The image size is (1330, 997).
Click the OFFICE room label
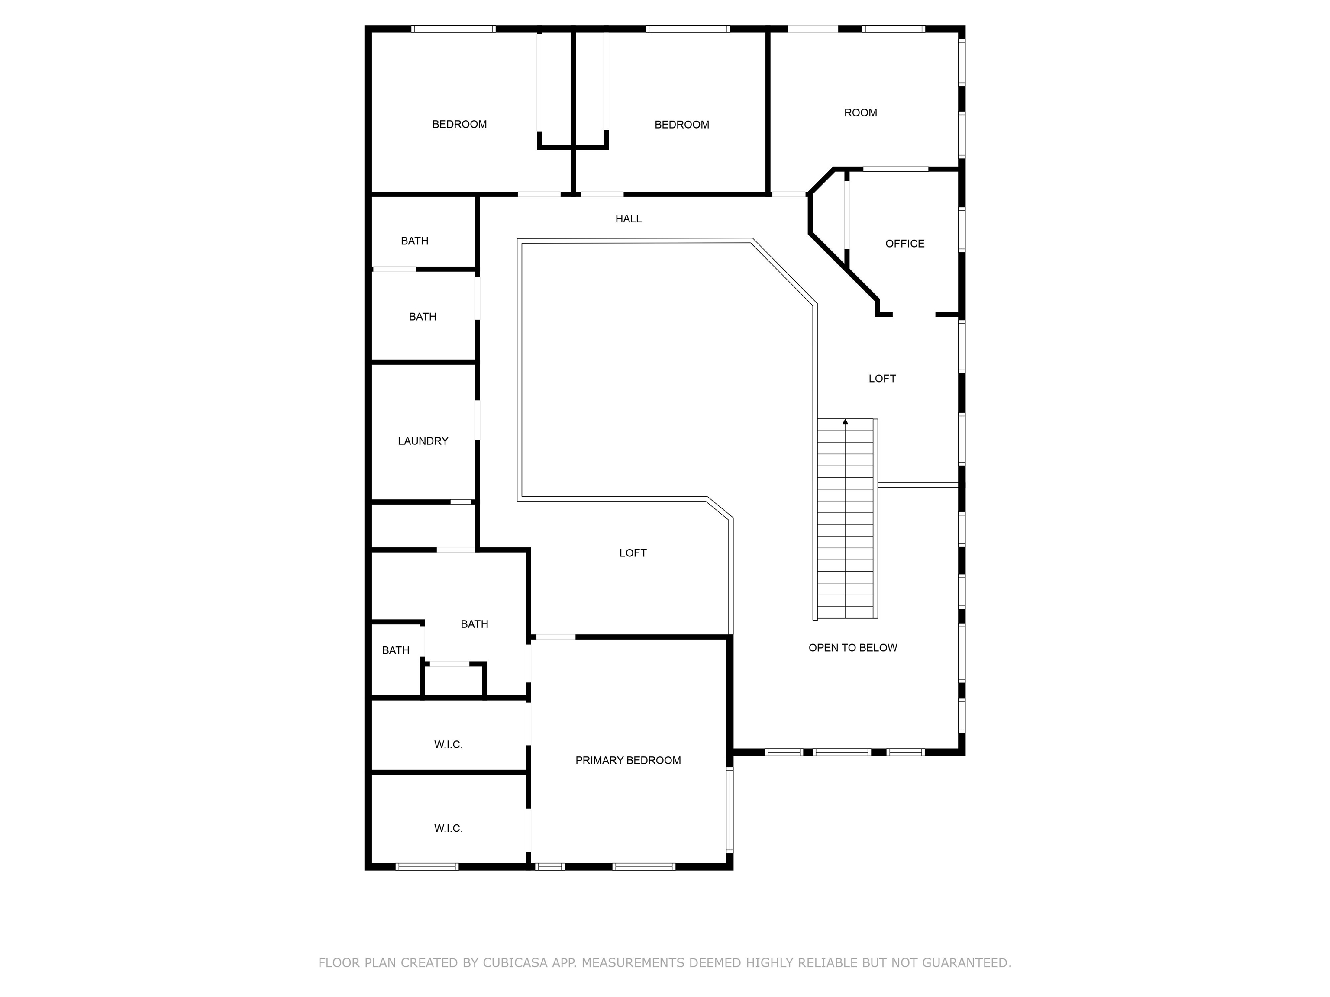pyautogui.click(x=904, y=243)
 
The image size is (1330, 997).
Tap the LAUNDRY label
pyautogui.click(x=423, y=441)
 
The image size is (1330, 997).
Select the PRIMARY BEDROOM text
pyautogui.click(x=628, y=760)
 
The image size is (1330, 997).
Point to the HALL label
pyautogui.click(x=628, y=219)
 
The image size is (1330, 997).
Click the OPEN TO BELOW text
pyautogui.click(x=852, y=648)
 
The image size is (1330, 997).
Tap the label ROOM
pyautogui.click(x=860, y=113)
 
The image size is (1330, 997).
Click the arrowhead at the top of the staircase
pyautogui.click(x=846, y=422)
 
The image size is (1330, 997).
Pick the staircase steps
pyautogui.click(x=846, y=519)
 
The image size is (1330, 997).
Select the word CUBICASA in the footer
pyautogui.click(x=515, y=963)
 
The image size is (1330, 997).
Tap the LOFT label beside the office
pyautogui.click(x=882, y=379)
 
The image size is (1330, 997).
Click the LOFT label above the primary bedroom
pyautogui.click(x=633, y=553)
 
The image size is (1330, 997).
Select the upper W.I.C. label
pyautogui.click(x=448, y=745)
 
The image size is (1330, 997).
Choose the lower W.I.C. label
pyautogui.click(x=448, y=828)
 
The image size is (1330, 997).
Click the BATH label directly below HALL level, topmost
pyautogui.click(x=414, y=241)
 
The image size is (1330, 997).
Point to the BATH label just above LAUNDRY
pyautogui.click(x=422, y=317)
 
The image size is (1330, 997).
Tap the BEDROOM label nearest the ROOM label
pyautogui.click(x=682, y=125)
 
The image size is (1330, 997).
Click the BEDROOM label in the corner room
pyautogui.click(x=459, y=124)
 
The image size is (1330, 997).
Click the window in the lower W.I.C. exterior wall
pyautogui.click(x=427, y=867)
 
